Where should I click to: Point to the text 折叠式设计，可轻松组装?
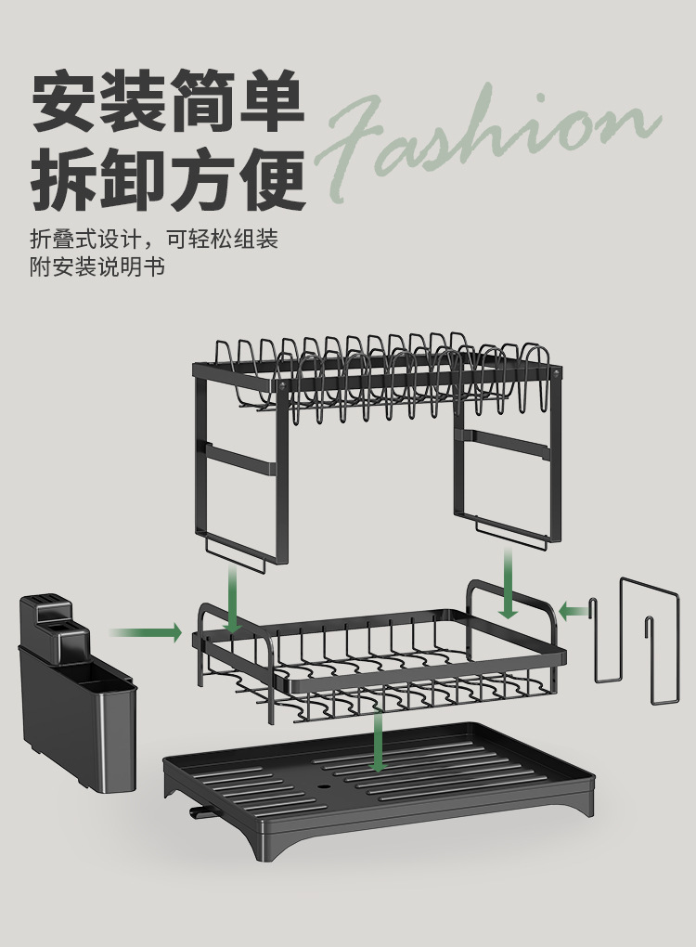click(x=154, y=239)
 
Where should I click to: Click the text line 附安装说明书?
click(x=97, y=267)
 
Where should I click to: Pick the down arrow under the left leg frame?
click(x=233, y=600)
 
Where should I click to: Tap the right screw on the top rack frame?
click(x=557, y=372)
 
